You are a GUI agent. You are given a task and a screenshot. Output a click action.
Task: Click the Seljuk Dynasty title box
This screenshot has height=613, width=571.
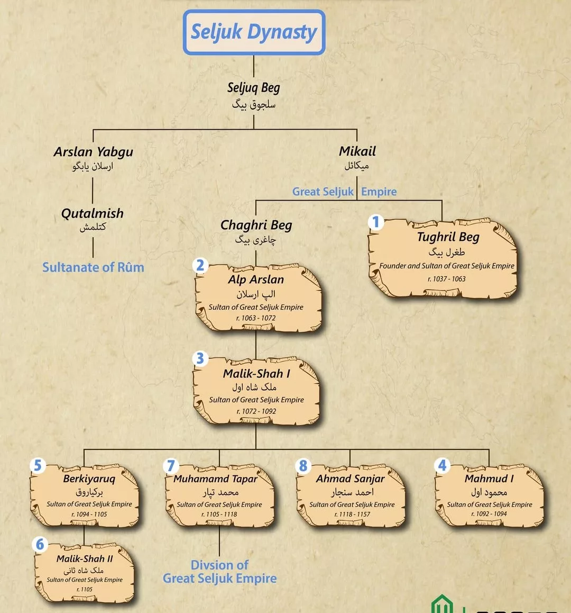pyautogui.click(x=254, y=32)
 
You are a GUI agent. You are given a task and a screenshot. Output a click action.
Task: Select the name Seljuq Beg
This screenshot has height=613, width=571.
pyautogui.click(x=254, y=88)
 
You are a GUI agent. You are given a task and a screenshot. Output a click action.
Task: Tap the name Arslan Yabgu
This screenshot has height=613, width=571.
pyautogui.click(x=93, y=152)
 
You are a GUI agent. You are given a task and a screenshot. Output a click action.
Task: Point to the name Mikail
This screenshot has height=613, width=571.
pyautogui.click(x=357, y=151)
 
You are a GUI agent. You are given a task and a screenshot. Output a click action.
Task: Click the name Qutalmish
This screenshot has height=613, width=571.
pyautogui.click(x=93, y=213)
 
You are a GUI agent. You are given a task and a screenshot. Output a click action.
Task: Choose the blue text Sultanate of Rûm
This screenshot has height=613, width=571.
pyautogui.click(x=93, y=267)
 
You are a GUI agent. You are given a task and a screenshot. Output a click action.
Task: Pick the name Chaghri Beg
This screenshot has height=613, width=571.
pyautogui.click(x=256, y=225)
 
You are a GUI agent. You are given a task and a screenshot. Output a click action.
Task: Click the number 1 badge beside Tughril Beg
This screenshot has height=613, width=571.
pyautogui.click(x=376, y=222)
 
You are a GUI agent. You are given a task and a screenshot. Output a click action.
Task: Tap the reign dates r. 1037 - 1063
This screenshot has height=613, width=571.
pyautogui.click(x=447, y=279)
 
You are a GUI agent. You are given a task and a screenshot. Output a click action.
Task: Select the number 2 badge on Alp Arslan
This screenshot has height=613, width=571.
pyautogui.click(x=200, y=265)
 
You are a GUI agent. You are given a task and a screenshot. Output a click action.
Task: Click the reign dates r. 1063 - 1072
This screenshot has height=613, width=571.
pyautogui.click(x=256, y=318)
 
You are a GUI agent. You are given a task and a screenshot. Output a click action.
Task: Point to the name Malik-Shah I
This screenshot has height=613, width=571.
pyautogui.click(x=256, y=373)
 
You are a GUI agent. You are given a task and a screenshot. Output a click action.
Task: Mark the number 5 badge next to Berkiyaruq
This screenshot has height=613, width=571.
pyautogui.click(x=38, y=465)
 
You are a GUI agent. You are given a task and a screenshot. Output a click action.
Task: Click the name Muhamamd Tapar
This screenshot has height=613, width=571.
pyautogui.click(x=216, y=479)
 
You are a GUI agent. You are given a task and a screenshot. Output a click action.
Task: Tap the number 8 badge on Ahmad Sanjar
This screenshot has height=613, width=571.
pyautogui.click(x=303, y=465)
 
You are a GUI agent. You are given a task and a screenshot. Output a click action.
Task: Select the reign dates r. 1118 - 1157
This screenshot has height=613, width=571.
pyautogui.click(x=352, y=514)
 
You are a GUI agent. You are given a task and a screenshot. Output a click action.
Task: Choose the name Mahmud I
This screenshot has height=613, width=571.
pyautogui.click(x=489, y=479)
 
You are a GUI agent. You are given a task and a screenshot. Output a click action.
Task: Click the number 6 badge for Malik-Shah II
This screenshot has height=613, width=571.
pyautogui.click(x=40, y=544)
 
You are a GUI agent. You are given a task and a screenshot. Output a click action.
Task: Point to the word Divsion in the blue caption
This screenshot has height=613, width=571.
pyautogui.click(x=219, y=565)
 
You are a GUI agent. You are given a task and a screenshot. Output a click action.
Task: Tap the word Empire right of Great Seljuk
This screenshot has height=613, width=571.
pyautogui.click(x=379, y=192)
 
